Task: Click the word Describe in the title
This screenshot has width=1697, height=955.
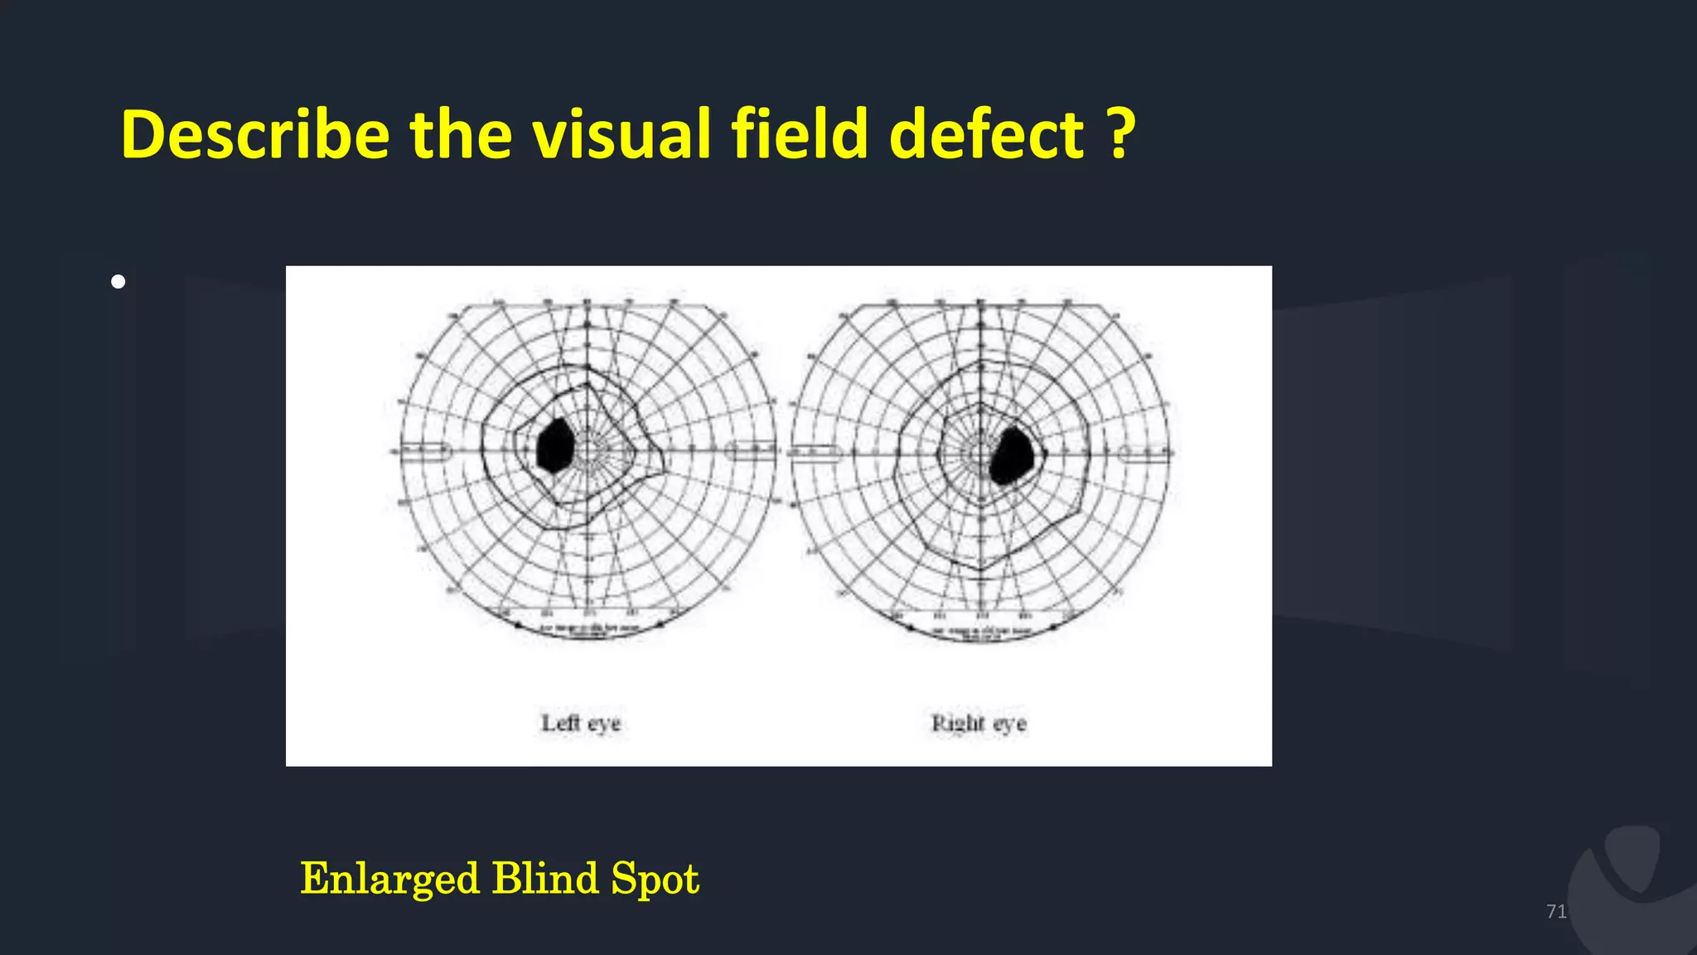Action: coord(255,135)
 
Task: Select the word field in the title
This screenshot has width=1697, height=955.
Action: coord(800,135)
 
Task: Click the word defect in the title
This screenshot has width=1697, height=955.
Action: coord(986,135)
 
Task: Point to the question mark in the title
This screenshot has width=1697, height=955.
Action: coord(1120,135)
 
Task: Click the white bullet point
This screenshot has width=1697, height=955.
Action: coord(118,282)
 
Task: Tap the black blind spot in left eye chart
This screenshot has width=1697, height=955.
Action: coord(555,446)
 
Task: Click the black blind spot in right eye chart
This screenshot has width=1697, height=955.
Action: coord(1012,455)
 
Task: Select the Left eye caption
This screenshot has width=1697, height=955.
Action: coord(581,724)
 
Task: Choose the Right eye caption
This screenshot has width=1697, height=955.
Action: coord(979,724)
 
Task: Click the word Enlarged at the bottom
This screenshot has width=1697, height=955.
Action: coord(389,879)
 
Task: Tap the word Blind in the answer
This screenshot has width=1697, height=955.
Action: coord(544,879)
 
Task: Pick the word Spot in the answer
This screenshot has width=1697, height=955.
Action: coord(655,879)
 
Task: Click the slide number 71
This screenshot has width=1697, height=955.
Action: coord(1556,912)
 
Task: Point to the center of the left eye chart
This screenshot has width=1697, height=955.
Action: coord(587,451)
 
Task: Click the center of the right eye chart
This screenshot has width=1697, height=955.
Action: coord(980,453)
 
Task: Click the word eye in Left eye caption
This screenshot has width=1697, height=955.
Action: coord(604,724)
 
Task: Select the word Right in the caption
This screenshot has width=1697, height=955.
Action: coord(958,724)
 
